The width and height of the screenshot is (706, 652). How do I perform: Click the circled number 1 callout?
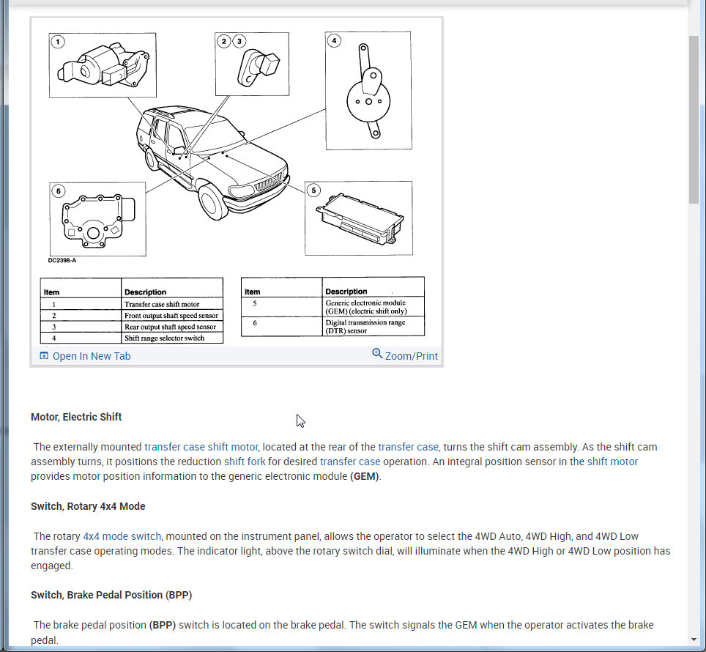[x=58, y=41]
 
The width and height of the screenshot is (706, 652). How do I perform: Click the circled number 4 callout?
[x=334, y=41]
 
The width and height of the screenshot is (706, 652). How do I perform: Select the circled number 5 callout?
[x=313, y=190]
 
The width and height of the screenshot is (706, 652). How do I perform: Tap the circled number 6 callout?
[x=59, y=191]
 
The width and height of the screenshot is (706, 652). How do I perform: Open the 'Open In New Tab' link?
[x=85, y=356]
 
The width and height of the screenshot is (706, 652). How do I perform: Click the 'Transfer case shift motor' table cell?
[x=171, y=304]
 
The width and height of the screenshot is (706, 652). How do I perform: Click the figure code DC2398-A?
[x=62, y=260]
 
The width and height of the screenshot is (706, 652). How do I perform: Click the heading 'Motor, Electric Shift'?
[x=76, y=417]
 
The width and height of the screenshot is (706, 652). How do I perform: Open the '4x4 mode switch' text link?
[x=122, y=536]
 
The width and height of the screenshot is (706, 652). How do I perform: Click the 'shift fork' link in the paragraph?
[x=245, y=462]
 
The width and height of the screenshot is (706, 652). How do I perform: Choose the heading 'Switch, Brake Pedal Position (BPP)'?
[x=111, y=595]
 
